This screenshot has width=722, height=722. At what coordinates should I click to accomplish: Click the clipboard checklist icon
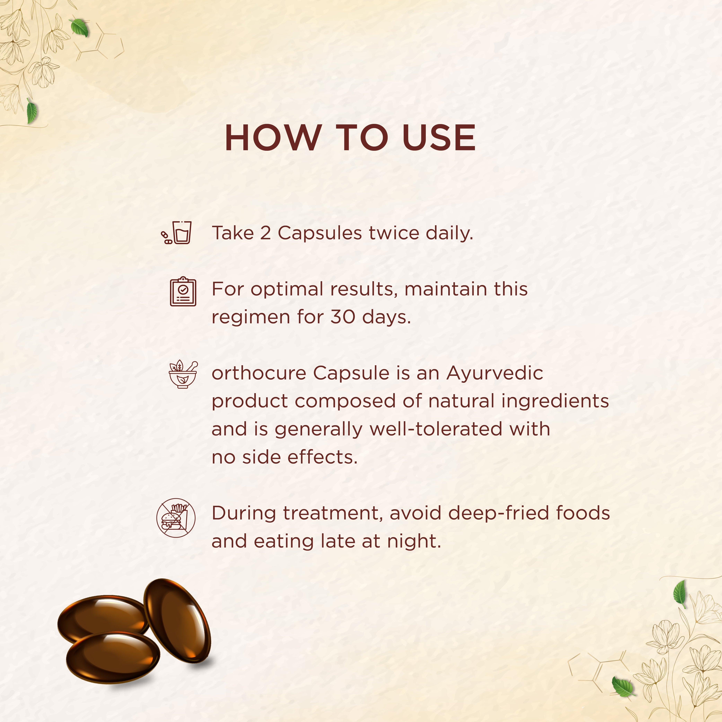tap(183, 291)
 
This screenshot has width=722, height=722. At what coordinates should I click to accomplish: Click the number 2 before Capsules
tap(265, 233)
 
